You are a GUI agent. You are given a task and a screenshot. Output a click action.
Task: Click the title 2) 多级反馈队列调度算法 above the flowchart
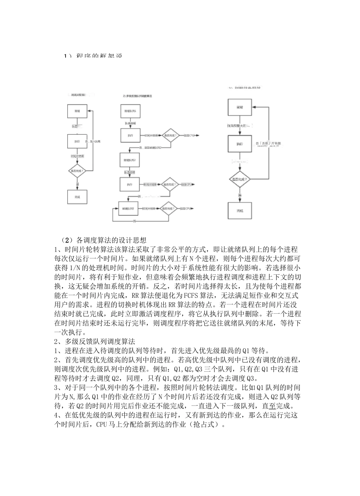137,96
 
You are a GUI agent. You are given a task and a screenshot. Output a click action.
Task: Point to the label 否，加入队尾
93,141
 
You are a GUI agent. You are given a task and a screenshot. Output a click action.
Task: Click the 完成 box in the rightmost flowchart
239,210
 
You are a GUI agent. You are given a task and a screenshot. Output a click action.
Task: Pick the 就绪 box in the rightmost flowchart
239,107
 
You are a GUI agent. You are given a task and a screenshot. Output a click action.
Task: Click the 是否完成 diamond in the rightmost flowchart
239,178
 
